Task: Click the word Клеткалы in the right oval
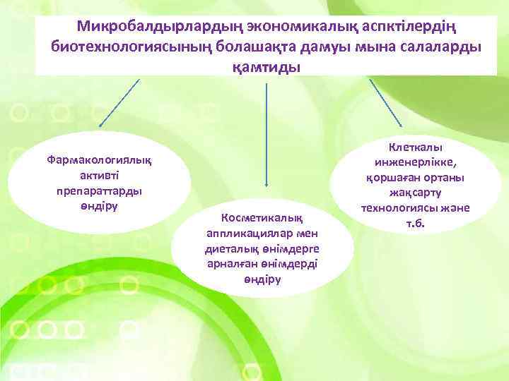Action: [x=416, y=147]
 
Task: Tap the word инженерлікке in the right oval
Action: [x=416, y=162]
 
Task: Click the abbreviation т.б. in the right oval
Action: [x=416, y=224]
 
